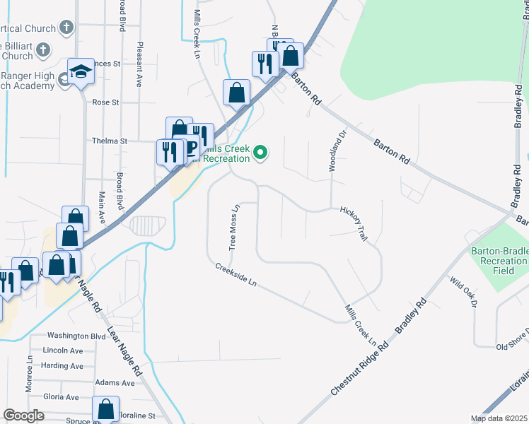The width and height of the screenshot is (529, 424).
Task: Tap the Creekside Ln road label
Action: coord(236,276)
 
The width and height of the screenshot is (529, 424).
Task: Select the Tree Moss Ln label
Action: coord(234,227)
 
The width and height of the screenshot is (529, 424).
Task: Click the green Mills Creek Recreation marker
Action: coord(261,152)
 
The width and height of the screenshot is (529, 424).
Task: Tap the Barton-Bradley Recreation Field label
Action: coord(499,261)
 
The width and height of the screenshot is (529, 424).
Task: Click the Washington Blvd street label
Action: coord(76,336)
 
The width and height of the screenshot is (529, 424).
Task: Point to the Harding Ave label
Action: coord(62,366)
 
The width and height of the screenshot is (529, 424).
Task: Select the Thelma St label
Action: coord(109,141)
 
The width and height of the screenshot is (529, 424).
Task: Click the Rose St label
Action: coord(105,102)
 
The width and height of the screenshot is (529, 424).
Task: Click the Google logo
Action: coord(23,416)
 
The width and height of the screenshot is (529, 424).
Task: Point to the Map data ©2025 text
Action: coord(498,418)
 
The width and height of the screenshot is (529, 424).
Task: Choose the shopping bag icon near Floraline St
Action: coord(106,408)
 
